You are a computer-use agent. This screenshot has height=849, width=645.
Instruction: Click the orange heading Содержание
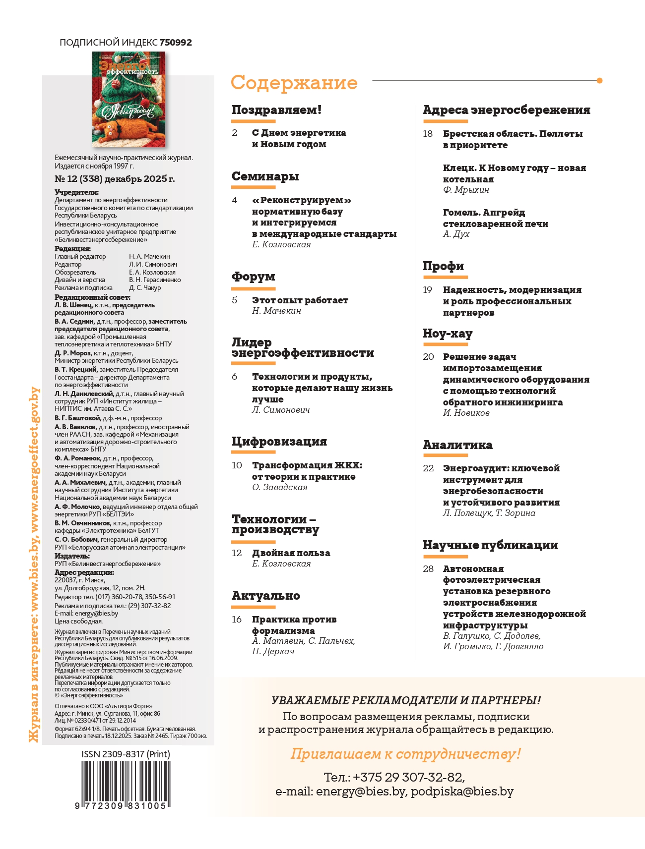point(294,83)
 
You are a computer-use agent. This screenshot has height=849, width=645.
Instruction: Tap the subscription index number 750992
point(176,43)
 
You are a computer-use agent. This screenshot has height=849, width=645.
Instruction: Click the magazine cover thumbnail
point(129,99)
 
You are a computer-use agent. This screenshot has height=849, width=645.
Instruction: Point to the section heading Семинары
point(265,176)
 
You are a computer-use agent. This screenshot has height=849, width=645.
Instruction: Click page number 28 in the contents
point(428,568)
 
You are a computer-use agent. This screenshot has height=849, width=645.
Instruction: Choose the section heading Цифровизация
point(279,441)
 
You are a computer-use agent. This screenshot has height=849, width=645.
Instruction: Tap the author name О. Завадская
point(279,487)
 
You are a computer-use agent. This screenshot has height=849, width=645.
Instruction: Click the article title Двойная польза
point(291,553)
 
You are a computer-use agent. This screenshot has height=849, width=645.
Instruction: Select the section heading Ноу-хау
point(447,334)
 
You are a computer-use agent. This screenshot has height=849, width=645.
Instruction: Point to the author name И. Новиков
point(466,413)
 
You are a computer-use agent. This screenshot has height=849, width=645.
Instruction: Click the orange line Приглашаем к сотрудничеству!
point(405,754)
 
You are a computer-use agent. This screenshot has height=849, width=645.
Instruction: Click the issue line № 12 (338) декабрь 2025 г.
point(115,179)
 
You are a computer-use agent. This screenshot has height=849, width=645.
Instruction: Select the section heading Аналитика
point(457,445)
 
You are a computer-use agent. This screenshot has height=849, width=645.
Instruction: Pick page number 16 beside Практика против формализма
point(237,619)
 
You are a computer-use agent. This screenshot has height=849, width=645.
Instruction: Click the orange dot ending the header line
point(599,80)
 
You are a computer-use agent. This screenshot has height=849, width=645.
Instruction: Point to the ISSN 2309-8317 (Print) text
point(126,754)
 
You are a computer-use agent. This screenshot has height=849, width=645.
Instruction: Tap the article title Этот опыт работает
point(300,300)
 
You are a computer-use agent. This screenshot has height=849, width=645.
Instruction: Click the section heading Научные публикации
point(490,545)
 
